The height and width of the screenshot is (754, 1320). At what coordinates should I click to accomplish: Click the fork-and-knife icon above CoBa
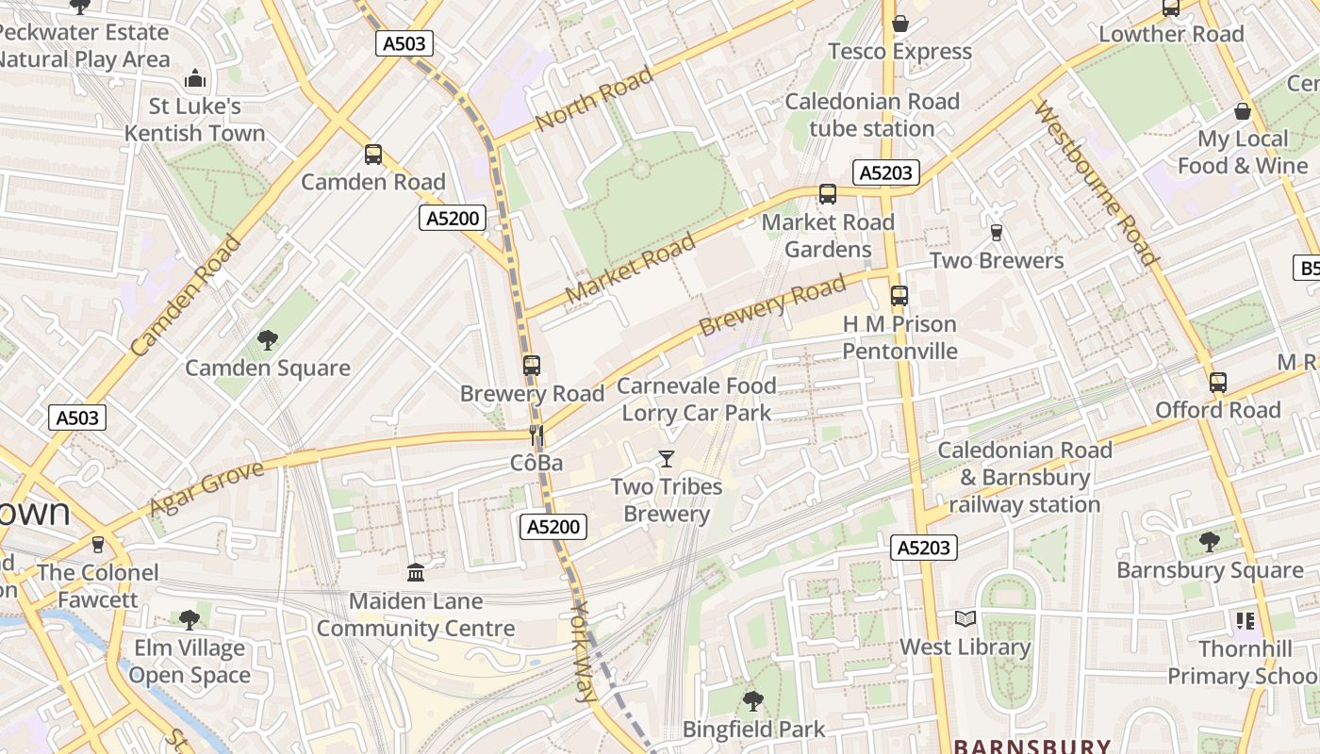point(536,434)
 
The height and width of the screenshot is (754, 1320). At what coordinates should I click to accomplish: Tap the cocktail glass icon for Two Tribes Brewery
point(667,459)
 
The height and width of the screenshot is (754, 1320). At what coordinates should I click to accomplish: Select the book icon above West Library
point(965,619)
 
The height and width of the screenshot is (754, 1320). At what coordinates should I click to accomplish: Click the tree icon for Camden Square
point(268,339)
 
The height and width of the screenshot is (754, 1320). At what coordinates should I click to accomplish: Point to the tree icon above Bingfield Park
point(752,700)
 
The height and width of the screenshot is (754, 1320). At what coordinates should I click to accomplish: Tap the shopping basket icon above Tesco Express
point(900,24)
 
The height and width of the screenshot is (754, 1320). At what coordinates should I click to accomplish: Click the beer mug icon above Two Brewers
point(996,232)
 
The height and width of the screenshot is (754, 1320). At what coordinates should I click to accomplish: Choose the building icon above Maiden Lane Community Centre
point(416,572)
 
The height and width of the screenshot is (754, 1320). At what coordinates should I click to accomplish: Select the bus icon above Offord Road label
point(1217,382)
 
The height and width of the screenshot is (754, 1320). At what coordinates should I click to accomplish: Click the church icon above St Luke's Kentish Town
point(195,78)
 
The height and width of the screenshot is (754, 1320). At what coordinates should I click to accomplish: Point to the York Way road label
point(585,651)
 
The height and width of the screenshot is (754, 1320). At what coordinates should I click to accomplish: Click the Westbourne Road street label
point(1096,183)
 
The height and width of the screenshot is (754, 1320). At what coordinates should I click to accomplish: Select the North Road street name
point(593,100)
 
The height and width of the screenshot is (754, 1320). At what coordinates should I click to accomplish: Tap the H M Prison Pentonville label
point(899,337)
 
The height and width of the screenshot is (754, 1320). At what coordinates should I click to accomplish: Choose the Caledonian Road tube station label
point(872,115)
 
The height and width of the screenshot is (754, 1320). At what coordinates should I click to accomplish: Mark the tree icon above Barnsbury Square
point(1209,542)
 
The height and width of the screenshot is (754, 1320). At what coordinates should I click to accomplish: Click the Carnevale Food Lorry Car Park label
point(697,399)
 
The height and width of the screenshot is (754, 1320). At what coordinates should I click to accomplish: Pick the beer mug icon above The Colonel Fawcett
point(98,544)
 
